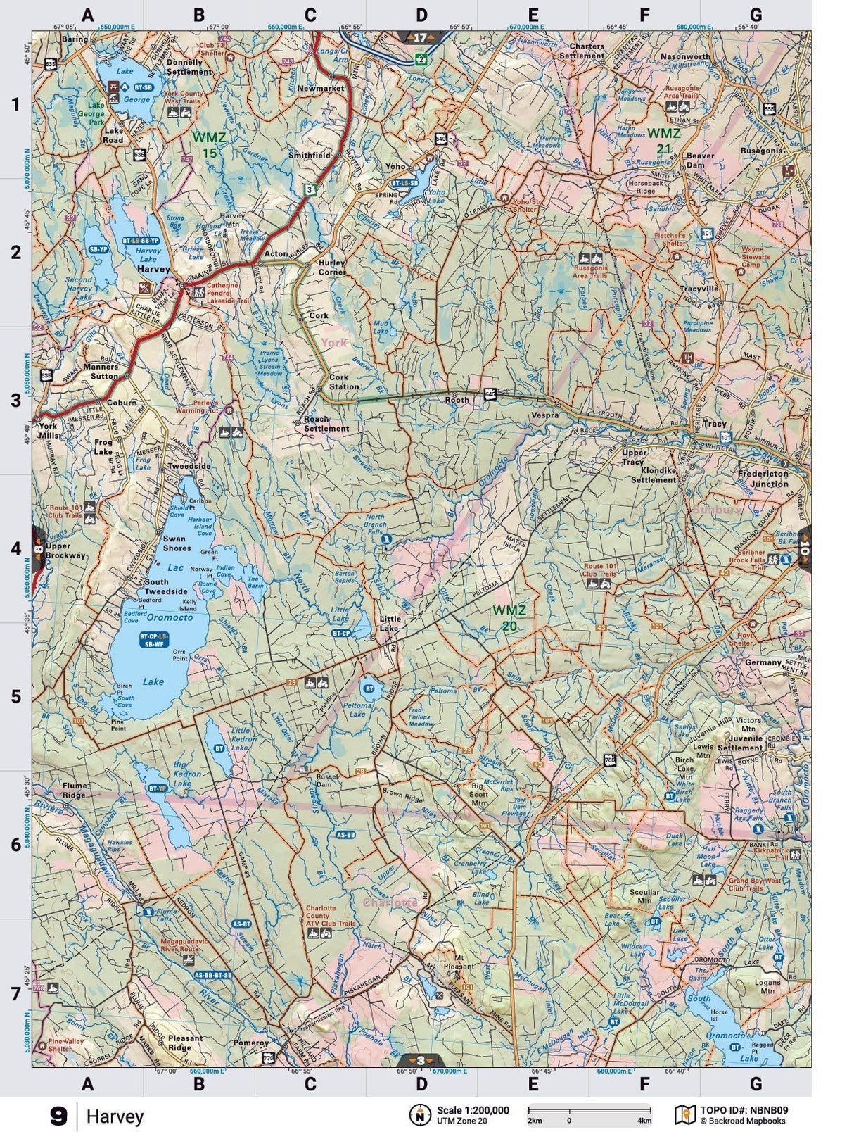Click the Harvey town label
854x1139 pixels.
tap(153, 269)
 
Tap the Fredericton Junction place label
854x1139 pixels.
tap(763, 479)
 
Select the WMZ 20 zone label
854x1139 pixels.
tap(509, 617)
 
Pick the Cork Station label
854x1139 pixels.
tap(344, 382)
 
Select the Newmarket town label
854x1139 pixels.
tap(321, 89)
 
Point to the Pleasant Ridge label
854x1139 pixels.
tap(185, 1043)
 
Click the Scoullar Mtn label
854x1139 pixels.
tap(644, 896)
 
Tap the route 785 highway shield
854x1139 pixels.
tap(609, 760)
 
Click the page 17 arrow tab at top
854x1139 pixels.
tap(421, 38)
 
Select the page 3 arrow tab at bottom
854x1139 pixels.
tap(421, 1060)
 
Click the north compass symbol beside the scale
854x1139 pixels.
tap(420, 1114)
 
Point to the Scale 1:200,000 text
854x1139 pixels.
tap(473, 1110)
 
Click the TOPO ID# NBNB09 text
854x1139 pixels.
tap(744, 1110)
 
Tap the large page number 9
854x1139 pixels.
tap(59, 1116)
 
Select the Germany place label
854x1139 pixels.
tap(763, 662)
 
